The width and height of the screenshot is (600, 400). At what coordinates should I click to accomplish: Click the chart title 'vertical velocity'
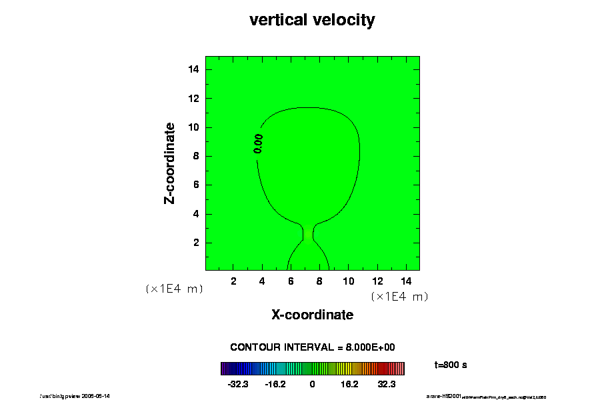pos(312,20)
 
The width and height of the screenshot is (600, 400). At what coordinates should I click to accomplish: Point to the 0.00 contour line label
pos(259,143)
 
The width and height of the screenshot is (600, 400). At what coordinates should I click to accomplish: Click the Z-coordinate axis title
pos(170,163)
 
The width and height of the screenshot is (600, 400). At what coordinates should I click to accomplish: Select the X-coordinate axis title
pos(312,315)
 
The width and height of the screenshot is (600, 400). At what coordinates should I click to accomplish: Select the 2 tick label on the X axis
pos(233,281)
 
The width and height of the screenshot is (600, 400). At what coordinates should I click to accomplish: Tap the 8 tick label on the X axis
pos(319,281)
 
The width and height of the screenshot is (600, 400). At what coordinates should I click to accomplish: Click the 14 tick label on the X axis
pos(405,281)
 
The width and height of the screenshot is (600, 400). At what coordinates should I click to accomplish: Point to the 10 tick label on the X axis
pos(348,281)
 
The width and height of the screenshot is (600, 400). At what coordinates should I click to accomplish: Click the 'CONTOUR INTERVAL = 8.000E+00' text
pos(313,347)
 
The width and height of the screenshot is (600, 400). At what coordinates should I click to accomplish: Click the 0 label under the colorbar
pos(312,385)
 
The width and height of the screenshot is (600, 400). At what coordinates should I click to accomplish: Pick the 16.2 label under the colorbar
pos(349,385)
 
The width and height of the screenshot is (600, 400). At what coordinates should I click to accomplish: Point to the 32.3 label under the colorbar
pos(387,385)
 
